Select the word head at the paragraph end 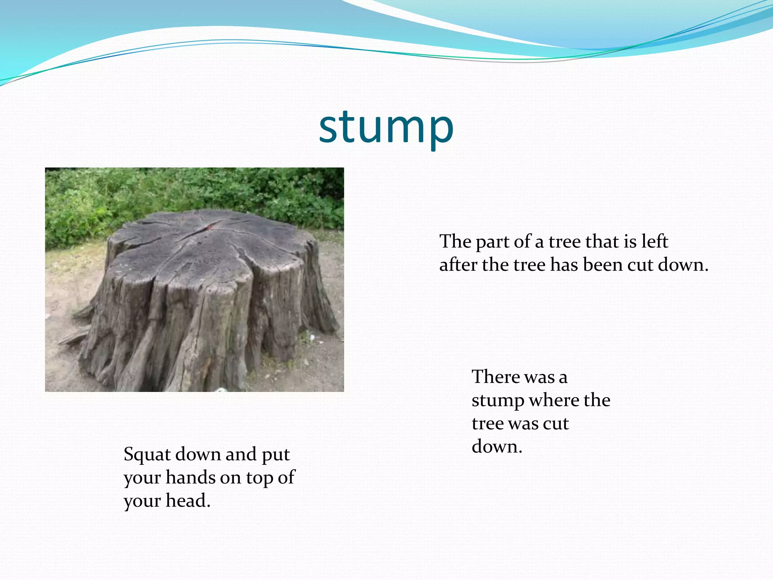[x=188, y=501]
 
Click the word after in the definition [x=458, y=265]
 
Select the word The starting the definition [x=455, y=241]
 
